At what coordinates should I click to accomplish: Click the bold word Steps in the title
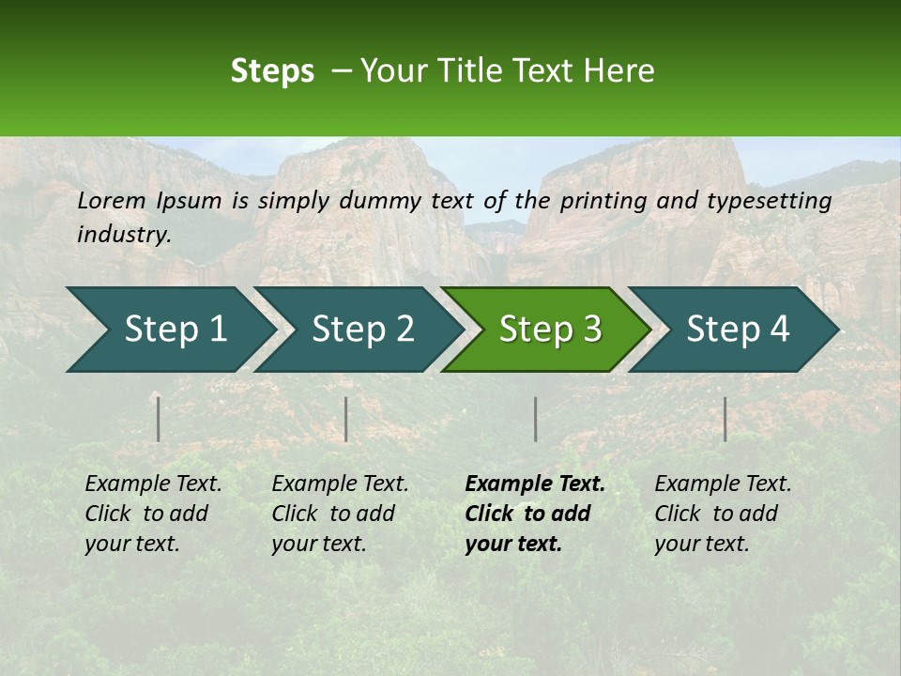tap(272, 70)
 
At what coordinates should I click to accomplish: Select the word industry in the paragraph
tap(124, 235)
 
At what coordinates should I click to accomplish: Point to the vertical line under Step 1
tap(159, 419)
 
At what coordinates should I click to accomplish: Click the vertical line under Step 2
tap(346, 419)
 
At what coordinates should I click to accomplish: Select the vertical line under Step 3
tap(535, 419)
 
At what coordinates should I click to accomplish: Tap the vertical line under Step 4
tap(725, 419)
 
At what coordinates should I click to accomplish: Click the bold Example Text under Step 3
tap(535, 484)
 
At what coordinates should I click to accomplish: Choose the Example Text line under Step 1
tap(153, 484)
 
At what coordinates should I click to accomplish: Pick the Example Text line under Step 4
tap(723, 484)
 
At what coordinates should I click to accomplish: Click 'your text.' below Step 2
tap(319, 545)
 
